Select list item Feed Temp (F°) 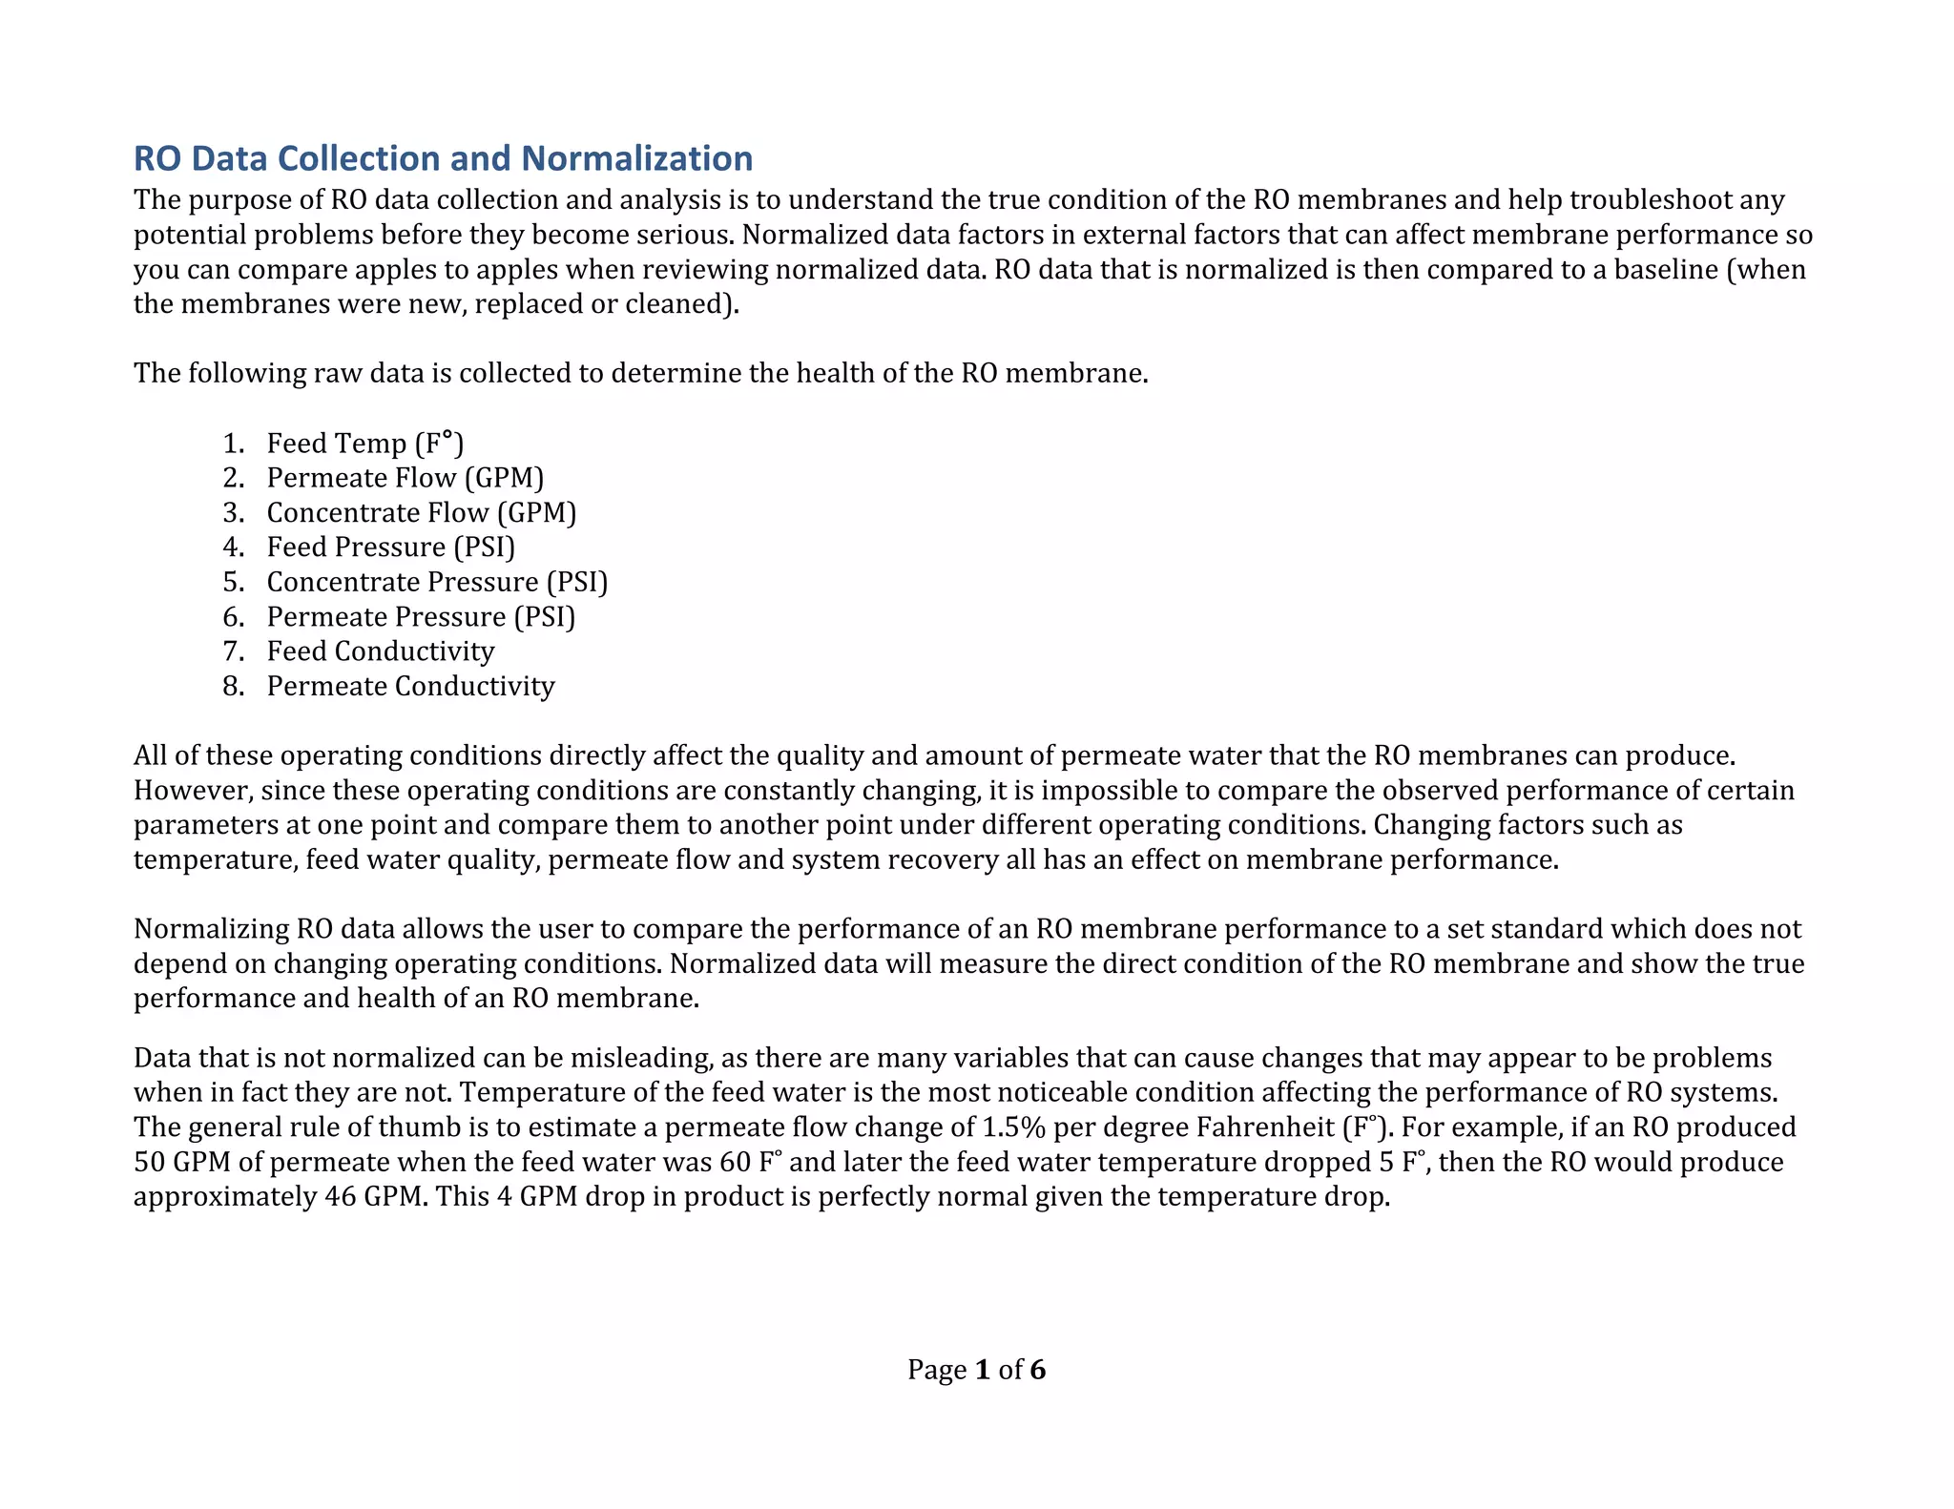click(x=364, y=444)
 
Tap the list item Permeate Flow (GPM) click(x=405, y=478)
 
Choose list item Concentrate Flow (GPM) click(x=421, y=513)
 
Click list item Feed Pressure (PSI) click(x=390, y=548)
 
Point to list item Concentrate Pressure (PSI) click(x=436, y=582)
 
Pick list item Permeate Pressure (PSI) click(x=421, y=617)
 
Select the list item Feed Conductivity click(x=380, y=651)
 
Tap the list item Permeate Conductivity click(x=410, y=687)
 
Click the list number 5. click(x=233, y=582)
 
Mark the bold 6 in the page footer click(x=1037, y=1371)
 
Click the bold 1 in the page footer click(x=983, y=1371)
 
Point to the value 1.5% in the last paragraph click(x=1013, y=1127)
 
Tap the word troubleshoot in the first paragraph click(x=1650, y=200)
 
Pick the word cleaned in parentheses click(x=678, y=304)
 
